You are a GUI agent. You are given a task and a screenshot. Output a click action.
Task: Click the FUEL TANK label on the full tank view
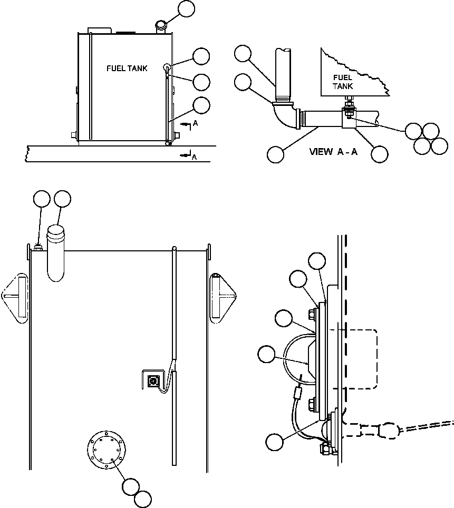(x=127, y=69)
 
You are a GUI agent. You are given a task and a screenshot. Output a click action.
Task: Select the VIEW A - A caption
(x=333, y=152)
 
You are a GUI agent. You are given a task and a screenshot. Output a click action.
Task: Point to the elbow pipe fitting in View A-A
(x=285, y=115)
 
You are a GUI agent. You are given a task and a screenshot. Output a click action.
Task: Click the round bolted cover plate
(x=107, y=450)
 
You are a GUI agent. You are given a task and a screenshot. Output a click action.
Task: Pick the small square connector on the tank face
(x=152, y=380)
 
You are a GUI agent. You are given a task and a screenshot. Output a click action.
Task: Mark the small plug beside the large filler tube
(x=38, y=248)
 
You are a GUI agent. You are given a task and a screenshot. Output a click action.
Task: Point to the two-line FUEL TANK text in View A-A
(x=342, y=82)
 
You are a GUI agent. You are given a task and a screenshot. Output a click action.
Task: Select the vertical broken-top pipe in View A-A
(x=283, y=75)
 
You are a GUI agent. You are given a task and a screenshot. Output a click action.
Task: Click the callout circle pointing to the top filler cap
(x=186, y=9)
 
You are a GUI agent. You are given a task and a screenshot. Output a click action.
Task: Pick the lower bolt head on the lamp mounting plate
(x=311, y=405)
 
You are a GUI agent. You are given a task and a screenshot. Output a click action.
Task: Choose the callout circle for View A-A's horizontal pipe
(x=275, y=154)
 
